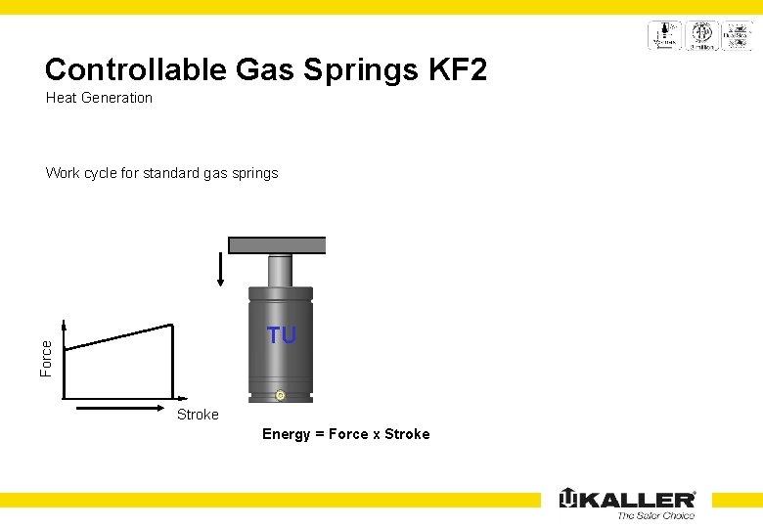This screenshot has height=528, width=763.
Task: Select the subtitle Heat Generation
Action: pos(99,98)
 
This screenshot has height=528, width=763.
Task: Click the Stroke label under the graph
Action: pos(198,415)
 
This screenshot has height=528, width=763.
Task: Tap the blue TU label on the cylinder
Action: pos(282,335)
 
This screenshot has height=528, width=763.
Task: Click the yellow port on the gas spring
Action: pos(280,395)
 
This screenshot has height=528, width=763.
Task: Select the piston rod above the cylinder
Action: pos(280,270)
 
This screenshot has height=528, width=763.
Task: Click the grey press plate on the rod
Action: pos(277,245)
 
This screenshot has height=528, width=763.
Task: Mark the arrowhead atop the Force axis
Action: pos(64,326)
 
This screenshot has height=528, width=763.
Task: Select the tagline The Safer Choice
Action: pos(655,516)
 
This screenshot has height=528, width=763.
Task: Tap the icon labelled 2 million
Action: pos(701,35)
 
